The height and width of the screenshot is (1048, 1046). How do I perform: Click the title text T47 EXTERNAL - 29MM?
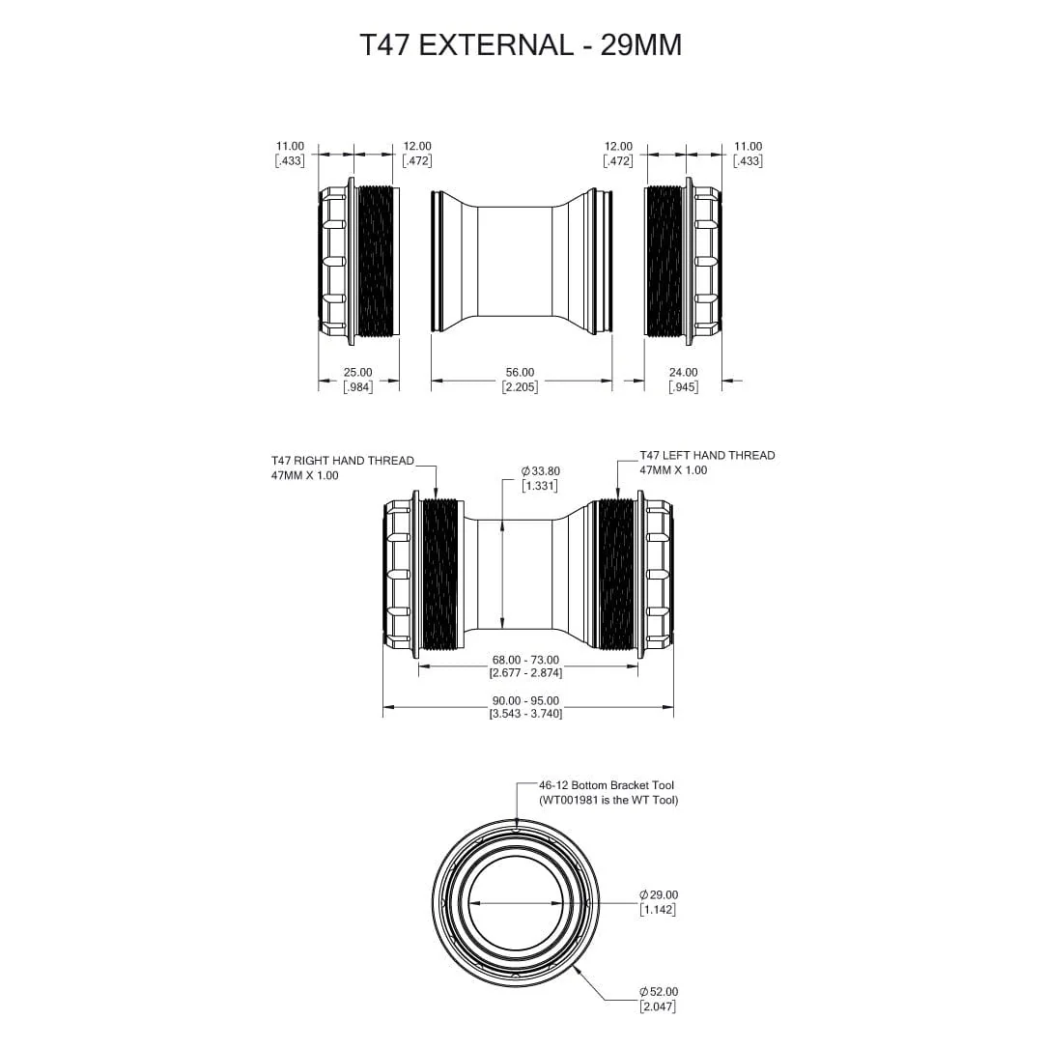point(521,45)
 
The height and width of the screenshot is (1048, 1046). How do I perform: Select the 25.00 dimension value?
point(357,372)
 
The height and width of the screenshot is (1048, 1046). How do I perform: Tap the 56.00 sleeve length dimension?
point(520,372)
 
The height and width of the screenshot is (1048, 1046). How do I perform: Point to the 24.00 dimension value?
point(683,372)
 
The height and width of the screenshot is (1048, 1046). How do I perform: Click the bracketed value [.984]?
point(357,386)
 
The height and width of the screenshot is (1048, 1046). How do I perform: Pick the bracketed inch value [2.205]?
point(520,386)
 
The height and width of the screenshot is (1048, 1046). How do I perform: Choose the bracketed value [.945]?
point(683,386)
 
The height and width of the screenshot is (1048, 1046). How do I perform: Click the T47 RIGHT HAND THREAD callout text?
point(342,461)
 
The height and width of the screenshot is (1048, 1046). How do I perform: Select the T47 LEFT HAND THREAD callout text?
point(707,455)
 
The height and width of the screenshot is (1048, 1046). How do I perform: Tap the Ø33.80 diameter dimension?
point(540,471)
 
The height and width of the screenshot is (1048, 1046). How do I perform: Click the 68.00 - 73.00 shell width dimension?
point(525,661)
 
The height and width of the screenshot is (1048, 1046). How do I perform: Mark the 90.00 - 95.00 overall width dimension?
point(525,701)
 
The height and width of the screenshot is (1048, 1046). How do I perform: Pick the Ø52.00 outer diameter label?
point(659,992)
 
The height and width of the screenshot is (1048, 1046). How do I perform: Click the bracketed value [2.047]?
point(658,1006)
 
